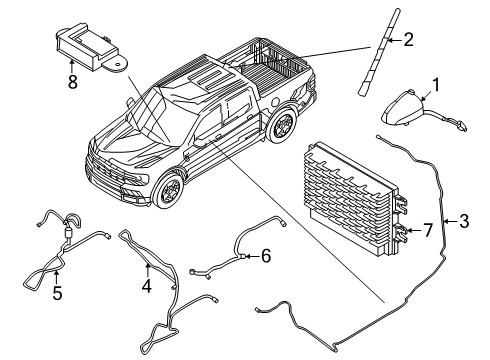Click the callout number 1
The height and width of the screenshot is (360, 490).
(435, 85)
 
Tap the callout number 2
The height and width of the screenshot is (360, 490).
(407, 40)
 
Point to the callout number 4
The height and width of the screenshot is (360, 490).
(148, 283)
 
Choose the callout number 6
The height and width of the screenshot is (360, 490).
(264, 257)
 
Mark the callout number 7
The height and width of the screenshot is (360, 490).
(427, 232)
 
